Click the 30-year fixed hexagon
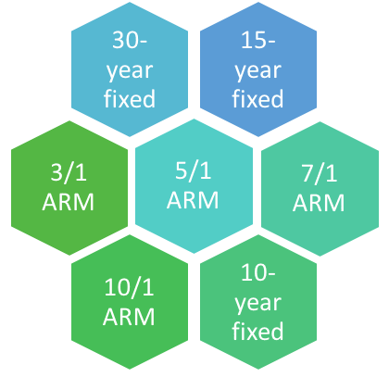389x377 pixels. coord(130,69)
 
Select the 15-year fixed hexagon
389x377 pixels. coord(258,69)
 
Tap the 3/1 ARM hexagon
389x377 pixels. coord(69,188)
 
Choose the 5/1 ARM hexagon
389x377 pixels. coord(194,186)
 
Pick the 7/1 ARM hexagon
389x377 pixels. coord(320,189)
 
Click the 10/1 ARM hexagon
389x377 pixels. coord(130,302)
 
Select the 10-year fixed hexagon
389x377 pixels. coord(258,302)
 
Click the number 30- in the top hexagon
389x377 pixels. coord(130,40)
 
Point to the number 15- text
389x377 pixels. coord(258,40)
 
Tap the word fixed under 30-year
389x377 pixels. coord(130,99)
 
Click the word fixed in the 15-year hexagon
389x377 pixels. coord(258,99)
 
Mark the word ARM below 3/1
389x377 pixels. coord(69,202)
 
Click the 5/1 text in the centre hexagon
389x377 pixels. coord(194,170)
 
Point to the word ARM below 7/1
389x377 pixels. coord(319,203)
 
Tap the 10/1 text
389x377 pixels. coord(129,287)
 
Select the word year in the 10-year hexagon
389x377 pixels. coord(258,304)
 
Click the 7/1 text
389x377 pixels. coord(320,173)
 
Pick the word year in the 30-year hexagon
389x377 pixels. coord(130,71)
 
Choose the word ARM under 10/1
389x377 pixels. coord(129,317)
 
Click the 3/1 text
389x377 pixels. coord(69,172)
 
